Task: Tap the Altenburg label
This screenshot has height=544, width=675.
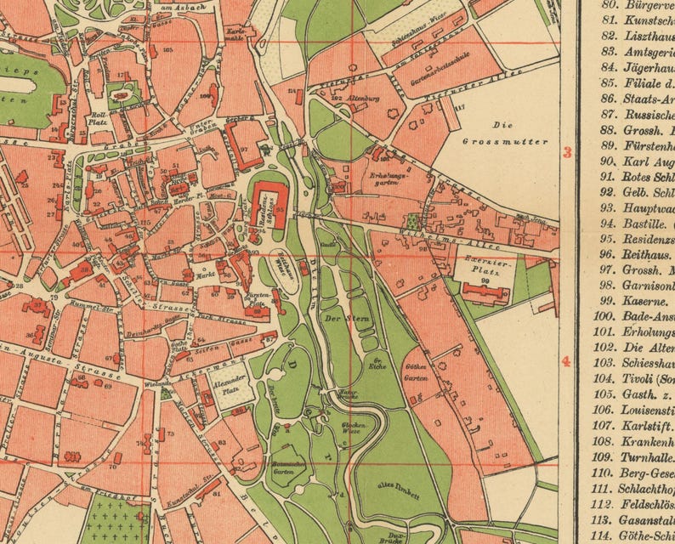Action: pos(361,99)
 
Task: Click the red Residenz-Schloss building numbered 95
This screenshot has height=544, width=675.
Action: pos(273,202)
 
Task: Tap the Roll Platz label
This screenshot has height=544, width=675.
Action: pos(99,118)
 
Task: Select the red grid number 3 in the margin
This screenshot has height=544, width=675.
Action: pos(566,153)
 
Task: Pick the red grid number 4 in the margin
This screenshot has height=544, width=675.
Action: pos(566,362)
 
